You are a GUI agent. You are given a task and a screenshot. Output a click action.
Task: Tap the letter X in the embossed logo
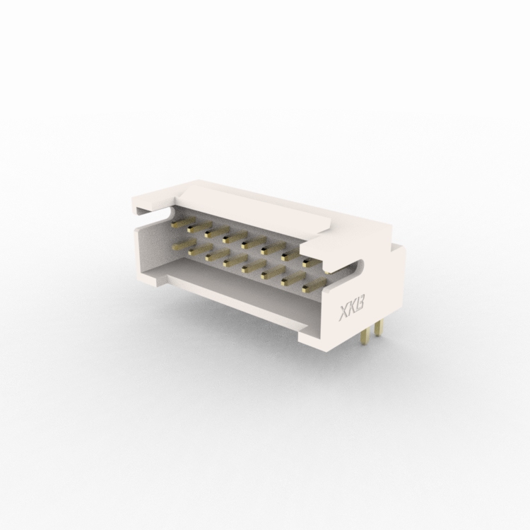coord(344,313)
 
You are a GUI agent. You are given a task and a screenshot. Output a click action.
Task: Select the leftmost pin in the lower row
coord(184,244)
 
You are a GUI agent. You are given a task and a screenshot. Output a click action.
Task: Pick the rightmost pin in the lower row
coord(314,284)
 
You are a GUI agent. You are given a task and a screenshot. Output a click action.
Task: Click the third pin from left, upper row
coord(216,232)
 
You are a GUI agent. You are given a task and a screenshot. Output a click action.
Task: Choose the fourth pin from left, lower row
coord(235,260)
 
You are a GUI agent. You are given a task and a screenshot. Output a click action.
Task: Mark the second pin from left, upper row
coord(199,227)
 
